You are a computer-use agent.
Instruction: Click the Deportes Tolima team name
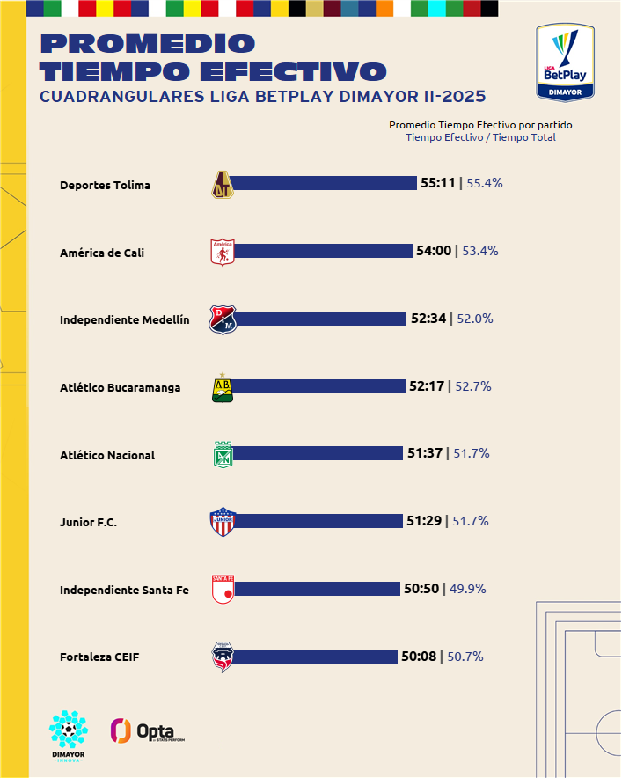(105, 185)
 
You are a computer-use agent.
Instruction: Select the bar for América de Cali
(322, 251)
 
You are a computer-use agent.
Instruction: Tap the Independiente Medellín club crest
(223, 320)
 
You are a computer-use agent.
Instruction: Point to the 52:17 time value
(427, 385)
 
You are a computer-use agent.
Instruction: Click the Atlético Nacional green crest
(223, 455)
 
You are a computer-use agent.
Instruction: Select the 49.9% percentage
(468, 588)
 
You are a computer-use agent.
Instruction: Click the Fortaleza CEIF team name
(99, 657)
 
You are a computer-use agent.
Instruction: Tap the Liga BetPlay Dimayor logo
(566, 62)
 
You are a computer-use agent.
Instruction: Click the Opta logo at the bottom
(147, 730)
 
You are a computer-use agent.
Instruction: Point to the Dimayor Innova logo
(68, 736)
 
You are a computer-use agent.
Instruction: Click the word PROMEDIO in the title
(148, 43)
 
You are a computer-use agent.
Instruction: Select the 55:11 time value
(437, 183)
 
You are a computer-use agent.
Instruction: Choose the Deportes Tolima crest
(223, 184)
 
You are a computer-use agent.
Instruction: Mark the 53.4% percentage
(480, 251)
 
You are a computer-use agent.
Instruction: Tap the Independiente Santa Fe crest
(223, 590)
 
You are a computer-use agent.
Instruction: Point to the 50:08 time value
(419, 656)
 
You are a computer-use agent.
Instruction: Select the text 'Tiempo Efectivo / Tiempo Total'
(480, 137)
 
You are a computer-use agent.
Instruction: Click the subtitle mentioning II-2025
(262, 96)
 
